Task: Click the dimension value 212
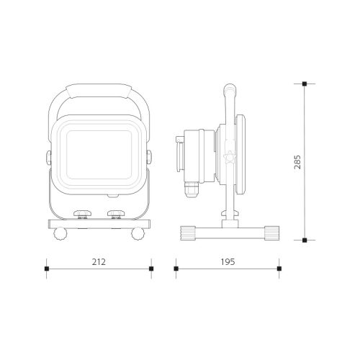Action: pos(99,262)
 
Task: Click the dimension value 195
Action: pos(228,262)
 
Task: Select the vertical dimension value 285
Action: pos(297,162)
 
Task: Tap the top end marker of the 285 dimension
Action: pos(305,84)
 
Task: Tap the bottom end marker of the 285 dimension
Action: pos(305,240)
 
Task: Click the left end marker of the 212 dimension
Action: pos(47,269)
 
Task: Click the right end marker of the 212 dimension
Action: pos(151,269)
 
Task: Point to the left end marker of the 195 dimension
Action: pos(176,269)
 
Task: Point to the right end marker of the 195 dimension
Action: pos(279,269)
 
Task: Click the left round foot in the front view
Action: pos(60,234)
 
